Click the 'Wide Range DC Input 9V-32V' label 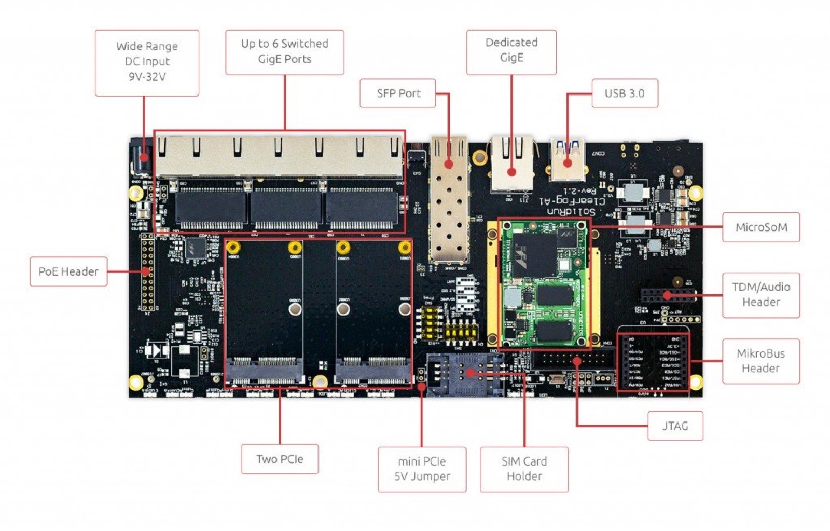pos(147,62)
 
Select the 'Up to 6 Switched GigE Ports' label pos(284,52)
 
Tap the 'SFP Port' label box pos(398,93)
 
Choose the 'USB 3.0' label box pos(624,93)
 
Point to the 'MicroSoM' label pos(760,227)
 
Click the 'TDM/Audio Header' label pos(760,294)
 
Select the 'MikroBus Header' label pos(760,361)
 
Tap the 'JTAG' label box pos(675,426)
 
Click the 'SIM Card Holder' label pos(524,469)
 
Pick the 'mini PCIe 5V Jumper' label pos(422,469)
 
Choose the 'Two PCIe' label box pos(280,459)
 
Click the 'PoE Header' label pos(68,271)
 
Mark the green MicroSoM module pos(545,283)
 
